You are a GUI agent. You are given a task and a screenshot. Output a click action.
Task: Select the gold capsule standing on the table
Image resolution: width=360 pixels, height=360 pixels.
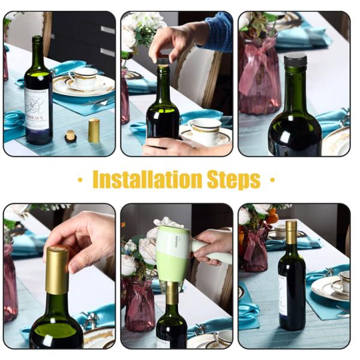(94, 130)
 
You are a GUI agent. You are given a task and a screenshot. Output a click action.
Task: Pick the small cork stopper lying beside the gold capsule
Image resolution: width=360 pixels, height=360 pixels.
(71, 136)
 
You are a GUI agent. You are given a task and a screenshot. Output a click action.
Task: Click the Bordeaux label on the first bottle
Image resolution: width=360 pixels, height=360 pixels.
(38, 114)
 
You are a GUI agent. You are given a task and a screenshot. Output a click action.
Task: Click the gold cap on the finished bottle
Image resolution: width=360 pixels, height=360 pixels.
(292, 232)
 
